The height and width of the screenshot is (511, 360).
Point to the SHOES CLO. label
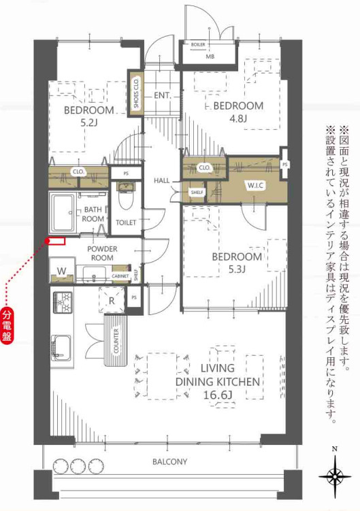click(x=136, y=94)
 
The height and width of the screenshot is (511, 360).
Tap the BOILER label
click(x=199, y=46)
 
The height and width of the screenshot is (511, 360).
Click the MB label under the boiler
click(x=210, y=56)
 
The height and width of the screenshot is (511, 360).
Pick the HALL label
click(x=162, y=180)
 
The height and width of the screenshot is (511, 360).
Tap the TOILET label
click(x=126, y=222)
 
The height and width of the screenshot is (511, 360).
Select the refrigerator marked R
click(x=111, y=298)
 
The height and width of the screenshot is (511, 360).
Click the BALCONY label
click(x=169, y=461)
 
